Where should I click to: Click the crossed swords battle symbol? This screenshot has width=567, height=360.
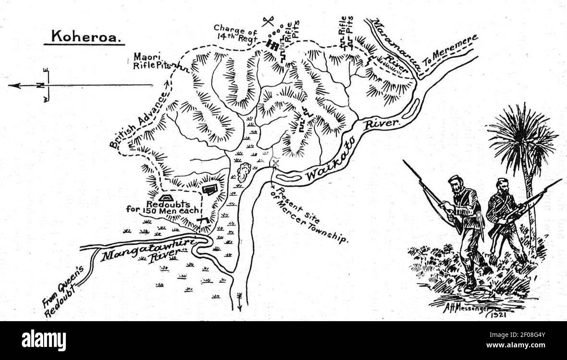tap(268, 21)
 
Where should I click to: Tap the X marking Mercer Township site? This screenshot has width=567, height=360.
tap(275, 163)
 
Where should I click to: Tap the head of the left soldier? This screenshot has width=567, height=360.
tap(455, 183)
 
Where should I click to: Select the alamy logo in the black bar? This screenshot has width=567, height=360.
tap(44, 340)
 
